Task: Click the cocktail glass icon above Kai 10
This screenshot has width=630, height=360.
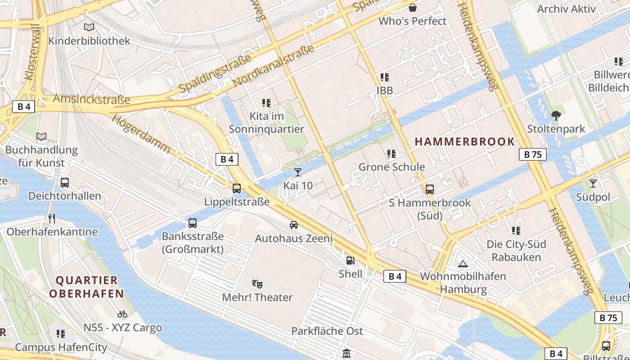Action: coord(297,172)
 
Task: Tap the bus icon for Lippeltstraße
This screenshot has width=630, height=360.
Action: coord(237,189)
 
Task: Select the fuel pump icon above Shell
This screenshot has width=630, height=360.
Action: coord(350,260)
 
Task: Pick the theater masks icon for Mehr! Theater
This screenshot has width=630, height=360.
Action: coord(257,283)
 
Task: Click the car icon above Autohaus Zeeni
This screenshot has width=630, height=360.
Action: coord(294,225)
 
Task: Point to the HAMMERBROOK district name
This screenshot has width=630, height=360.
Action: coord(464,141)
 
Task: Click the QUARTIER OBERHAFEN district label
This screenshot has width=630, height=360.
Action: coord(86,287)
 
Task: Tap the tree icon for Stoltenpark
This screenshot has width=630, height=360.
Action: coord(556,116)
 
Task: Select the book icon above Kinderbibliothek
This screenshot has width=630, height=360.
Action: coord(89,27)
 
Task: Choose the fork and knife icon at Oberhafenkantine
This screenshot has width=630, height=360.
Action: coord(52,219)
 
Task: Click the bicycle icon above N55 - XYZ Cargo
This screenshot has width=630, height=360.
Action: coord(122,314)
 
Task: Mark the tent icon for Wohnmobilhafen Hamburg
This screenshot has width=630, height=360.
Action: coord(463,263)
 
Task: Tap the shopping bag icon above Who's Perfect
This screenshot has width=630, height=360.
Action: coord(413,8)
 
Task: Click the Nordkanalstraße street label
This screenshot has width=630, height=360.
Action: coord(273,66)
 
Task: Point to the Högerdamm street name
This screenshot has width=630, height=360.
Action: coord(140,133)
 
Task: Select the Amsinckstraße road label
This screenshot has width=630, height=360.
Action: coord(91,99)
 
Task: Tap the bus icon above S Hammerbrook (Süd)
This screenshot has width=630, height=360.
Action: coord(430,189)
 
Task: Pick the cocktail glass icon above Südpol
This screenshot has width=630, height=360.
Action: coord(593,183)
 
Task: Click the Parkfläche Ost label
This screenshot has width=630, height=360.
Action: coord(327,331)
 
